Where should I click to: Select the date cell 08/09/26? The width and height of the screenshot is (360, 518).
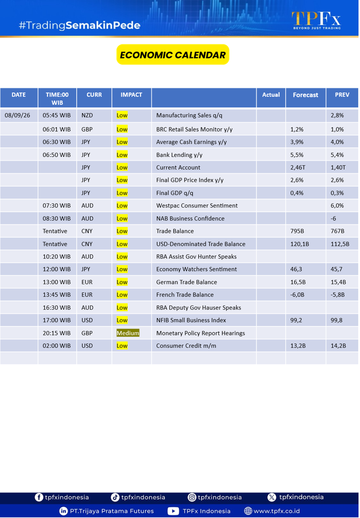click(x=17, y=116)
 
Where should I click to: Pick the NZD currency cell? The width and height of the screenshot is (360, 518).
click(x=87, y=116)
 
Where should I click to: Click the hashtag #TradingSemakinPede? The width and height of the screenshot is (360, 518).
click(x=80, y=25)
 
